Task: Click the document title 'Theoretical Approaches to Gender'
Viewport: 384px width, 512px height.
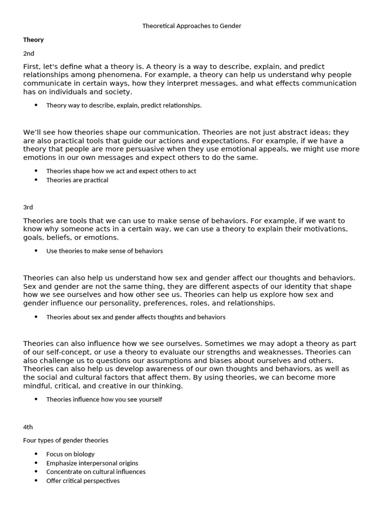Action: [x=192, y=25]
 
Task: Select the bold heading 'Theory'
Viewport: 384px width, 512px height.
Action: [x=33, y=39]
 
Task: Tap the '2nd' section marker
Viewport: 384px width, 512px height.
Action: [x=28, y=53]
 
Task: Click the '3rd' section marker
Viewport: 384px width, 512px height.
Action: [x=28, y=207]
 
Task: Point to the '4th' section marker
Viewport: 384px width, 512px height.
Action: [x=28, y=427]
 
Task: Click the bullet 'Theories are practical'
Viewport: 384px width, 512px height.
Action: [x=77, y=180]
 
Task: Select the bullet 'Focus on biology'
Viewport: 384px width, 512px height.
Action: [x=70, y=454]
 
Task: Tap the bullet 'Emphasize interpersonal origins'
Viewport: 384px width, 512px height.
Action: [x=92, y=463]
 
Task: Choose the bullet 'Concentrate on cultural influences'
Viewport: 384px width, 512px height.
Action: [x=95, y=471]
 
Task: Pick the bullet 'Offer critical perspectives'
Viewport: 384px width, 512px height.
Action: [x=82, y=480]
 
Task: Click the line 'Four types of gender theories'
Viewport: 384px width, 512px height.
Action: [x=65, y=440]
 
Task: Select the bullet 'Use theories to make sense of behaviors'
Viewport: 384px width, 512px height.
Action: [x=104, y=250]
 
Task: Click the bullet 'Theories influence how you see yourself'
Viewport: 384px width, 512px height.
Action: [x=104, y=399]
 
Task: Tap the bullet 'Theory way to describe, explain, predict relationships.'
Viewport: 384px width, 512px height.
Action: [x=123, y=105]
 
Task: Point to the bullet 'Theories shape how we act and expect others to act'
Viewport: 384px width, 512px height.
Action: [x=121, y=171]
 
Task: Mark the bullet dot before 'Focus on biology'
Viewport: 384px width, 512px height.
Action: [x=36, y=454]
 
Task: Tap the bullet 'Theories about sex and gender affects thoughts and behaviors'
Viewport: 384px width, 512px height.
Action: [x=135, y=317]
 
